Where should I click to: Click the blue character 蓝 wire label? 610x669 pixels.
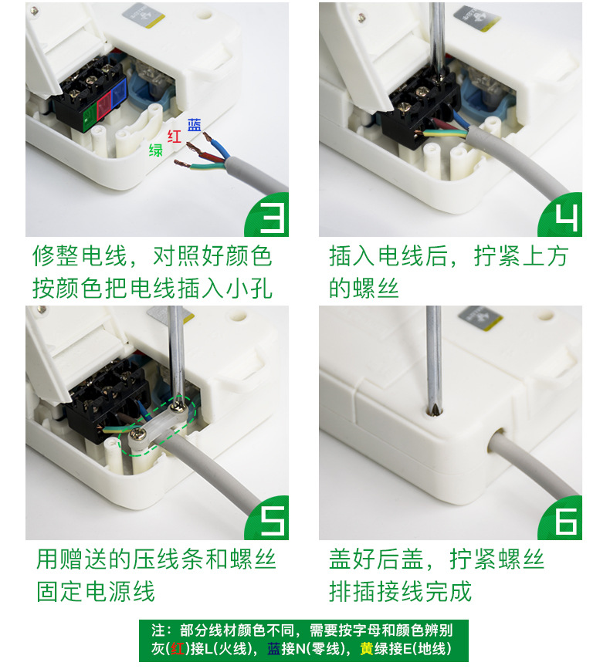195,125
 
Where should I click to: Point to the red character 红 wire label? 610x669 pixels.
175,137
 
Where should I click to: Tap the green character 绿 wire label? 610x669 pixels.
156,150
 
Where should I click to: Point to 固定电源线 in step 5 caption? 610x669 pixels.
96,591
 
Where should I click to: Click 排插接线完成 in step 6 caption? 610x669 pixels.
400,591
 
